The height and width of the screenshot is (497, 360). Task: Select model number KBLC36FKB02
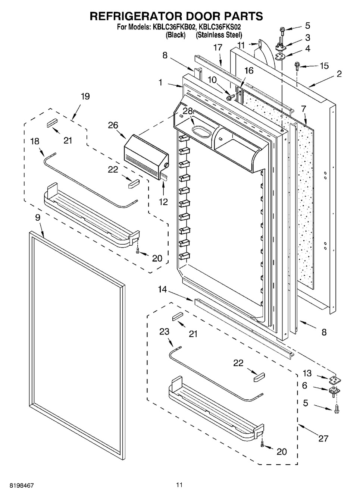pyautogui.click(x=173, y=27)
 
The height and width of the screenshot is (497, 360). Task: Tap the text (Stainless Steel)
pyautogui.click(x=219, y=35)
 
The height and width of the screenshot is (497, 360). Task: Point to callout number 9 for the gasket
pyautogui.click(x=38, y=218)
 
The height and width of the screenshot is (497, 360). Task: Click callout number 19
pyautogui.click(x=85, y=97)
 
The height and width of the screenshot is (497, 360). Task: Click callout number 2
pyautogui.click(x=339, y=74)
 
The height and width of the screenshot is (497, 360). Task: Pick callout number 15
pyautogui.click(x=324, y=66)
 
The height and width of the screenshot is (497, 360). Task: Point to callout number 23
pyautogui.click(x=164, y=331)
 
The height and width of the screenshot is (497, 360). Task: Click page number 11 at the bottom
pyautogui.click(x=179, y=485)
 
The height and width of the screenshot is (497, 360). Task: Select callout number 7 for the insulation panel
pyautogui.click(x=303, y=109)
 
